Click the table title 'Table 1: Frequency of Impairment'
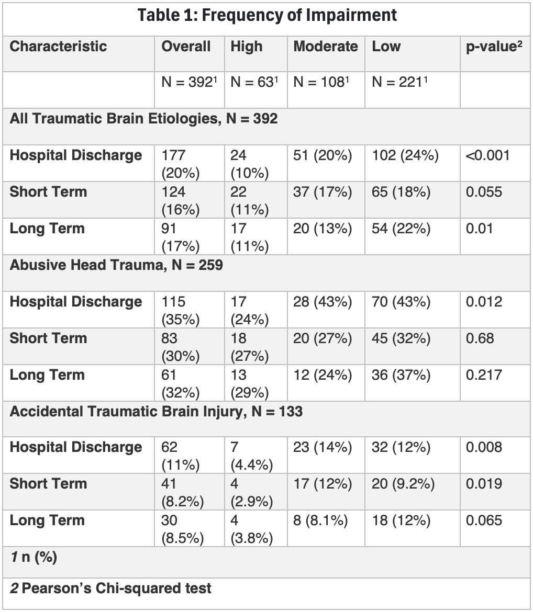[x=267, y=16]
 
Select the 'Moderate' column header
[x=326, y=47]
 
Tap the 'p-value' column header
[x=494, y=47]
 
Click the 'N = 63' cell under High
[x=254, y=82]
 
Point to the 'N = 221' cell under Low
[x=399, y=82]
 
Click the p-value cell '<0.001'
[x=487, y=155]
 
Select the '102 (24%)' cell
[x=405, y=155]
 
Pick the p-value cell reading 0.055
[x=484, y=192]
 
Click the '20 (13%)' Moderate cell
[x=323, y=229]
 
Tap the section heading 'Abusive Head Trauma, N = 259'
[x=116, y=265]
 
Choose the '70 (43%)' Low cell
[x=401, y=302]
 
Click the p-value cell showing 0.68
[x=480, y=338]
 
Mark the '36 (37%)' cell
[x=401, y=375]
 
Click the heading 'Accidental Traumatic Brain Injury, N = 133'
[x=156, y=411]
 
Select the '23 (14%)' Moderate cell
[x=323, y=447]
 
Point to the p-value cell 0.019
[x=484, y=484]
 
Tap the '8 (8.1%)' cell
[x=320, y=520]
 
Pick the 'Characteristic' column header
[x=58, y=47]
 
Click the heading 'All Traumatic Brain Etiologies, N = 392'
[x=144, y=119]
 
